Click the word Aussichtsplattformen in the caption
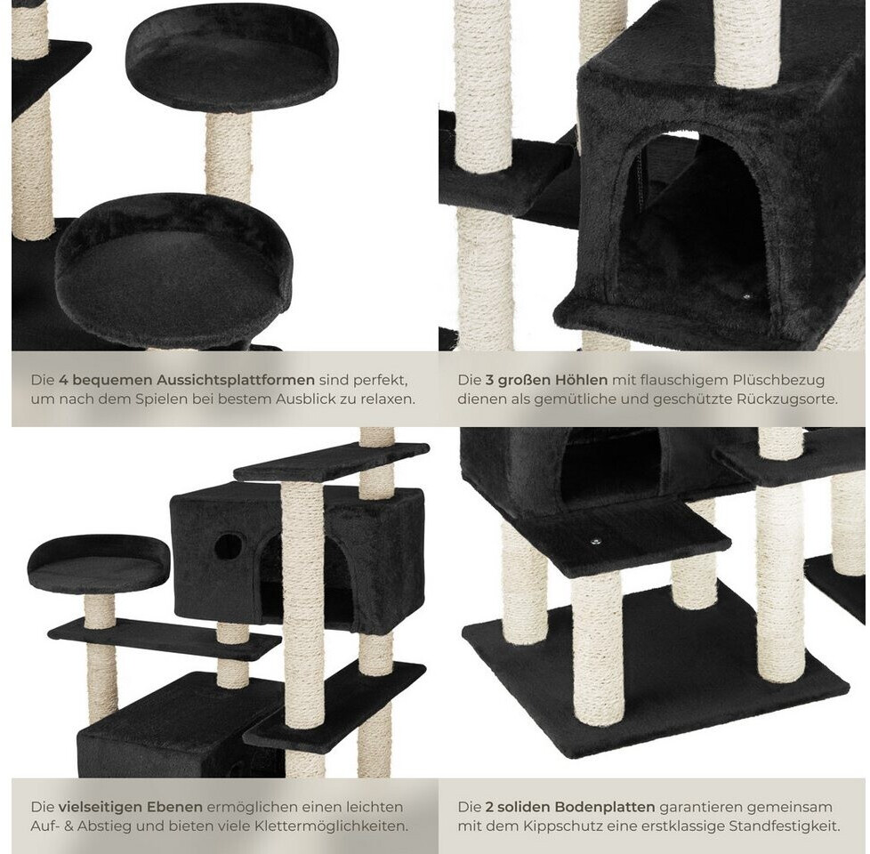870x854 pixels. point(235,380)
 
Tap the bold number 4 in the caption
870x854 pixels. point(64,380)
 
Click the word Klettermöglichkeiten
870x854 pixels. point(331,826)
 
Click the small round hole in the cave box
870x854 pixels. point(229,546)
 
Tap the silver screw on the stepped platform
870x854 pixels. point(597,539)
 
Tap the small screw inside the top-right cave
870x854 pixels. point(746,297)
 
